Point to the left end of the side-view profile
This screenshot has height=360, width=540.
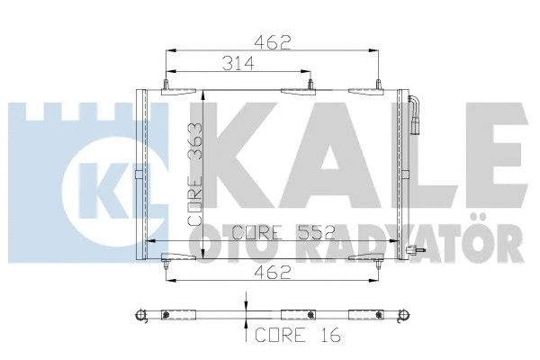pos(139,315)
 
